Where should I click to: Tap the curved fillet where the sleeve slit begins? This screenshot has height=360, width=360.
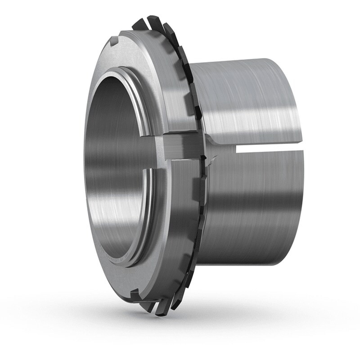click(216, 143)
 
